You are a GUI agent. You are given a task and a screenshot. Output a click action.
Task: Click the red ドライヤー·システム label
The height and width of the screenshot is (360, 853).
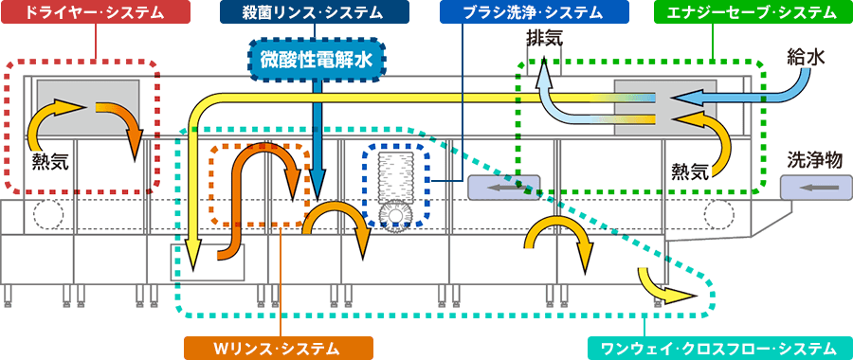94,12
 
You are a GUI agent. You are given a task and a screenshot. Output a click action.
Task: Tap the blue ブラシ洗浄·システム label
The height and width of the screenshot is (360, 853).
520,12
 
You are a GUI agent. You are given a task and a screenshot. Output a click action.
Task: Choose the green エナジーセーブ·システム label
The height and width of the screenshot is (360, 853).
753,12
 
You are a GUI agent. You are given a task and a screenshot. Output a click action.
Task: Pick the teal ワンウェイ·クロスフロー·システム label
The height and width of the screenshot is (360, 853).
719,348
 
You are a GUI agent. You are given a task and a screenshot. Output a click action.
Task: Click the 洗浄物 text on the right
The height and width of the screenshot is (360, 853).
815,162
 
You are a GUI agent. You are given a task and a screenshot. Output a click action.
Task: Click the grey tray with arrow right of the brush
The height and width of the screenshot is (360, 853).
503,188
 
